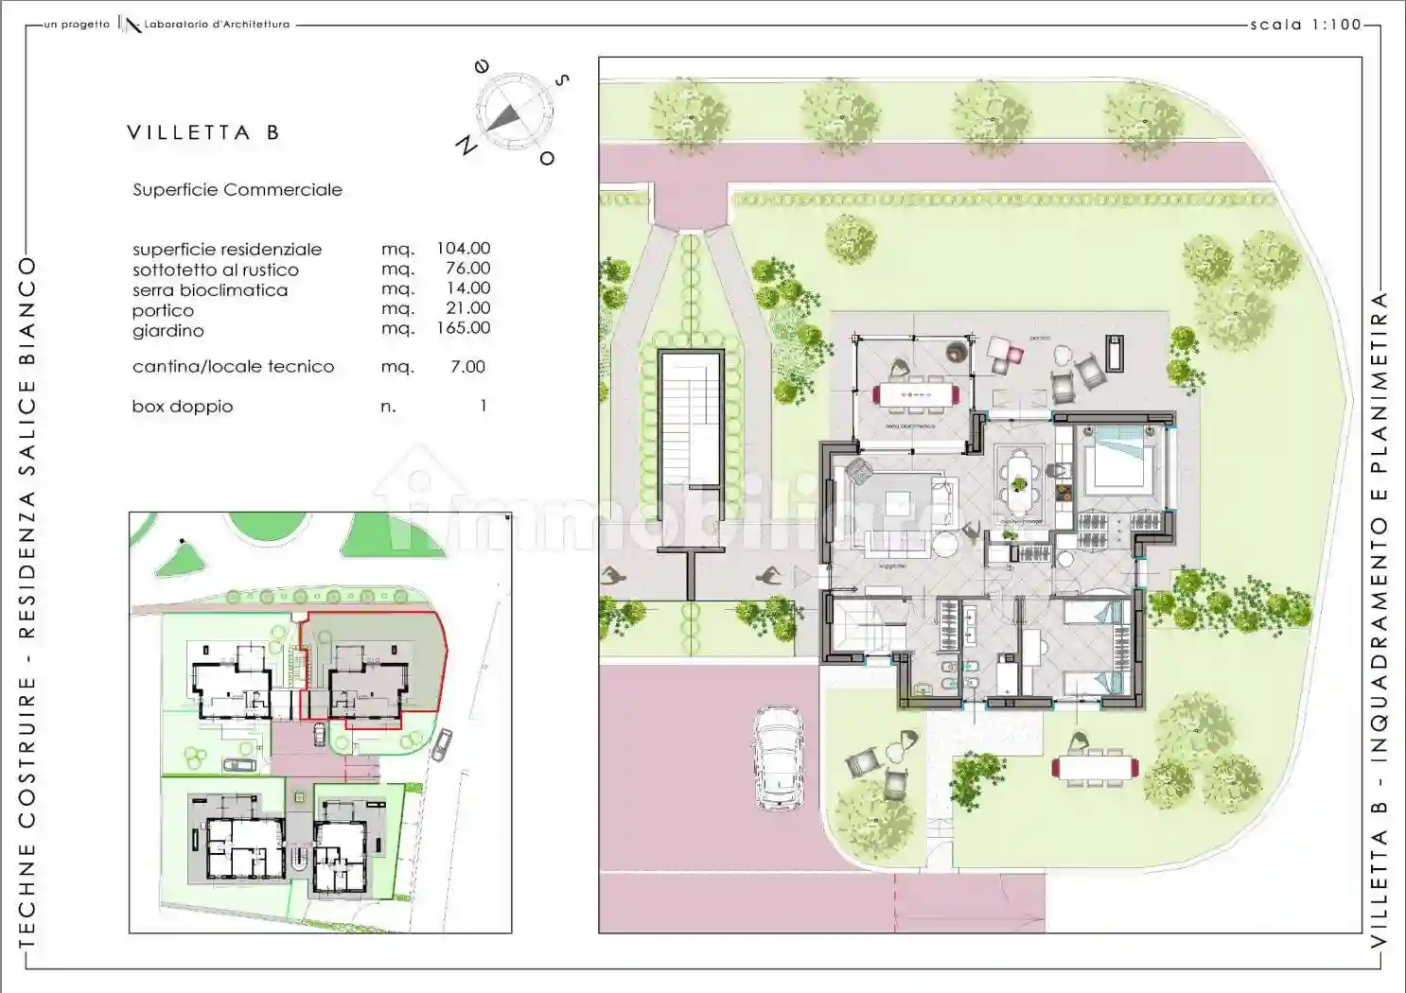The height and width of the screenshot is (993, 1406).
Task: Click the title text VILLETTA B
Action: point(203,133)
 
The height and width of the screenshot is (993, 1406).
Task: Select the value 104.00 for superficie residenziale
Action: point(463,249)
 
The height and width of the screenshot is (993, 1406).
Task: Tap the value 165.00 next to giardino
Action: point(463,328)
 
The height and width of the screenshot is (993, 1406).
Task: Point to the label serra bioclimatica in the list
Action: point(210,290)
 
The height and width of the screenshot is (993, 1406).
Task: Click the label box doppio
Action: point(183,407)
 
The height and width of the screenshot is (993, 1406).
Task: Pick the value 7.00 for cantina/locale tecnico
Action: point(467,367)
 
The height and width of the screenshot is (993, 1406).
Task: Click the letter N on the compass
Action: point(466,145)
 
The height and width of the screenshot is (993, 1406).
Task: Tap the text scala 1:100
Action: point(1305,26)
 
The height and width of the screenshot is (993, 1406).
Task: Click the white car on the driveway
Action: point(778,758)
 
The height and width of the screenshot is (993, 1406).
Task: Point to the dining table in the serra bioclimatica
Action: point(914,394)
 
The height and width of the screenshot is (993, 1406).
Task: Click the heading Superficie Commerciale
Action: point(237,190)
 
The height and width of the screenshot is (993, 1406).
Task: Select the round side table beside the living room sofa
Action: point(945,545)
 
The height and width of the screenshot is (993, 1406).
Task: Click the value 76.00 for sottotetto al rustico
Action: point(467,269)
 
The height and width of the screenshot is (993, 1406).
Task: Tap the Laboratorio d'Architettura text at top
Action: point(217,25)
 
